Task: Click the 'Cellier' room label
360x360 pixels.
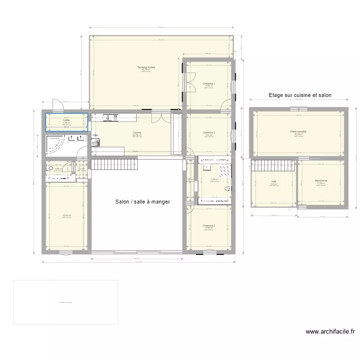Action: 66,120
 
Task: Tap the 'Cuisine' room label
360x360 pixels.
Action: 137,132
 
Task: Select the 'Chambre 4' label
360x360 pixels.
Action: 209,84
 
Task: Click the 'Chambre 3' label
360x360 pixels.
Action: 209,132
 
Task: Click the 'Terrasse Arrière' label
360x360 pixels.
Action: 146,67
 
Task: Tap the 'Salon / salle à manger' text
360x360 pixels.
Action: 143,202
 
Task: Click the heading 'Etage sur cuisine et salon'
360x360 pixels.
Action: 300,96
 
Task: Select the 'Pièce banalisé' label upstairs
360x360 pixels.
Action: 298,132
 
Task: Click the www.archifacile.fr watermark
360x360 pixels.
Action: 330,331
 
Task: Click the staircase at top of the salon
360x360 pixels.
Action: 114,165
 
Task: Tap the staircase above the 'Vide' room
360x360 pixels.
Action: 273,165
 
